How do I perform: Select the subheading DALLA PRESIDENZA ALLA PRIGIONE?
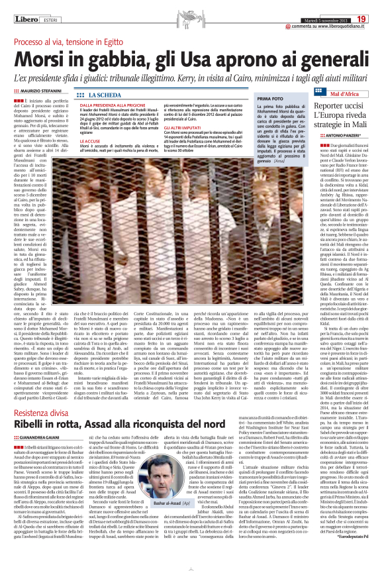[x=113, y=105]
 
